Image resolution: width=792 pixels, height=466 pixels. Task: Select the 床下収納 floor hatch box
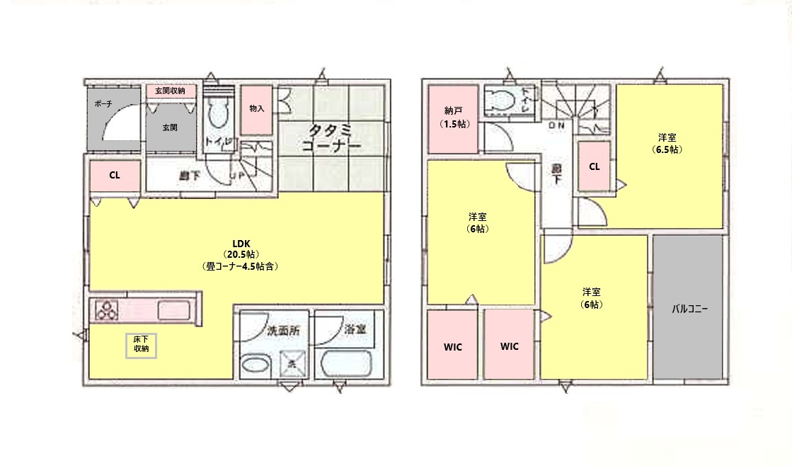click(x=142, y=345)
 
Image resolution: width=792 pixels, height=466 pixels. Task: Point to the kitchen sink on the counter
click(x=173, y=310)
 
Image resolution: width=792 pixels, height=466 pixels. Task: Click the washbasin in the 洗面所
click(x=256, y=366)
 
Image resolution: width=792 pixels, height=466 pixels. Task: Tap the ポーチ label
click(x=103, y=103)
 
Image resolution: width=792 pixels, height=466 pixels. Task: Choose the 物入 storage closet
click(x=257, y=109)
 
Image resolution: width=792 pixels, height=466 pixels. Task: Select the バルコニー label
click(x=689, y=309)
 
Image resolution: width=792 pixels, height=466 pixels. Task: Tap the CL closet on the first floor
click(x=114, y=176)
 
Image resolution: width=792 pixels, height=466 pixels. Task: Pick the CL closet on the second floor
click(x=595, y=167)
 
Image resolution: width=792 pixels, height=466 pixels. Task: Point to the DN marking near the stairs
click(x=556, y=125)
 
